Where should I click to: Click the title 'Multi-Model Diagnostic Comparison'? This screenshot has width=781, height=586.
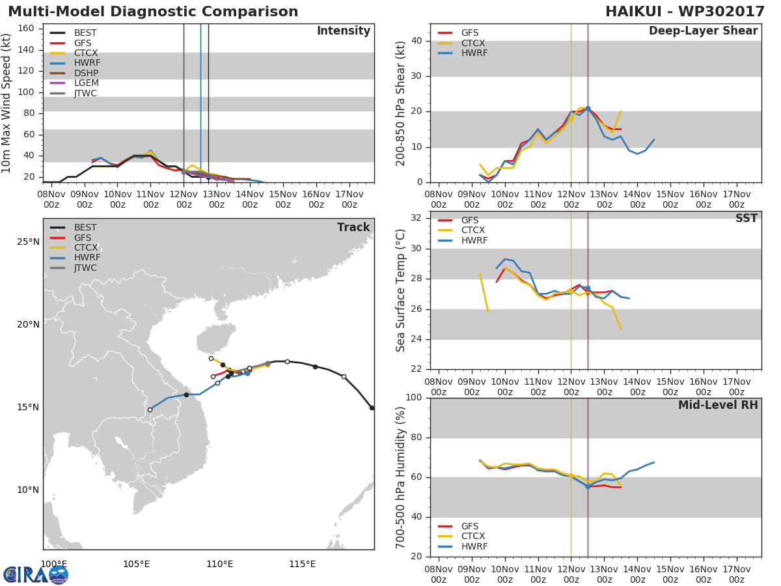coord(153,12)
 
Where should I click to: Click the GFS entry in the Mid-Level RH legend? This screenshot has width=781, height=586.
coord(470,526)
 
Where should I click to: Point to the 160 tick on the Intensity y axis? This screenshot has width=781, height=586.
coord(34,28)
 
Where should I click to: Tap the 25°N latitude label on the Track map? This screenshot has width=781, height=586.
coord(28,242)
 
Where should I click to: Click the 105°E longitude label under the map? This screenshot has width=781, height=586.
coord(137,563)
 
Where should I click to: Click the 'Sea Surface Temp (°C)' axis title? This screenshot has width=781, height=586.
coord(401,290)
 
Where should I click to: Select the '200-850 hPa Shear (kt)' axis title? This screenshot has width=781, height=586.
coord(401,103)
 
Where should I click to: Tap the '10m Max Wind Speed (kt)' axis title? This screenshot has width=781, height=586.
coord(7,103)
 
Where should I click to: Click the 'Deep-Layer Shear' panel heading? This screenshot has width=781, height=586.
coord(703,31)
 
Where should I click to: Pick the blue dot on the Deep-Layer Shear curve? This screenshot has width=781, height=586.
coord(588,109)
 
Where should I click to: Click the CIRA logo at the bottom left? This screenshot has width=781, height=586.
coord(35,574)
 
